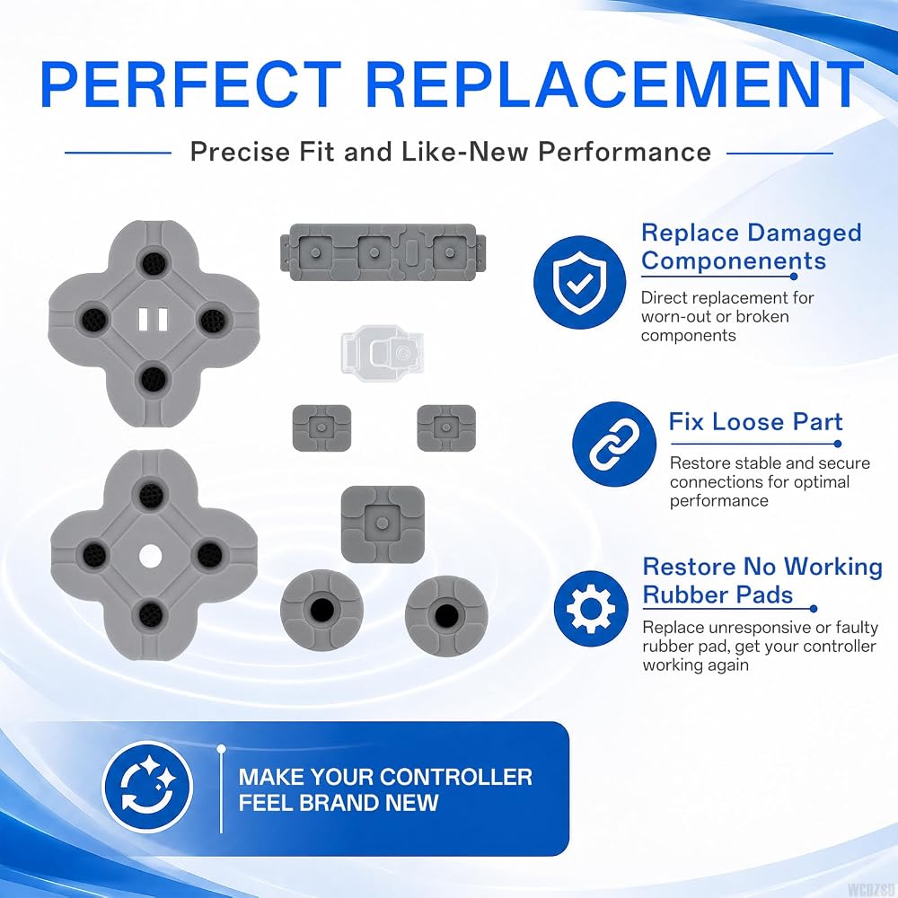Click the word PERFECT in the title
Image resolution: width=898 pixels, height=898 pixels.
click(190, 84)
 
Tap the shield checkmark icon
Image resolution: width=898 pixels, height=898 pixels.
click(579, 282)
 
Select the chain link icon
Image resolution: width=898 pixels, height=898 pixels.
click(614, 444)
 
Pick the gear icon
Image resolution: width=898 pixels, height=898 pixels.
click(591, 608)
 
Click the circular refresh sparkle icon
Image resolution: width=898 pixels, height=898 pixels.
click(148, 787)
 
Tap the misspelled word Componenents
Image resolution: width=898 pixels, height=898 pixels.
click(734, 261)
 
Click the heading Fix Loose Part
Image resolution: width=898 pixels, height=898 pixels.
click(755, 422)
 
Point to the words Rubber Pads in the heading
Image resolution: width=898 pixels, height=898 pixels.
click(718, 595)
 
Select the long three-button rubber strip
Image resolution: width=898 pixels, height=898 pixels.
click(382, 252)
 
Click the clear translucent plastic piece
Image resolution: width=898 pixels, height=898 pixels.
click(382, 350)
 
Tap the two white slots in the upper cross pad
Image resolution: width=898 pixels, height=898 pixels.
click(154, 319)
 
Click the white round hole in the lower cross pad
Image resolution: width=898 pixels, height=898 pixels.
click(150, 556)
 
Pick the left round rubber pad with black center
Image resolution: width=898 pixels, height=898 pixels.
click(321, 611)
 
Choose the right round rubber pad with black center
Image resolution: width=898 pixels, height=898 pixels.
click(446, 615)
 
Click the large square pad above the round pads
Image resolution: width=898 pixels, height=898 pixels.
click(383, 524)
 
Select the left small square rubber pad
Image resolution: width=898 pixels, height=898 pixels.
click(321, 427)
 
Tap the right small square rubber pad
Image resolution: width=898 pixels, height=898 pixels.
click(446, 427)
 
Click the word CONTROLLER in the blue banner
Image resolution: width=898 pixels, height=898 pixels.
click(456, 777)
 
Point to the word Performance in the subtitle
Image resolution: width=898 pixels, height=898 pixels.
click(625, 152)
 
